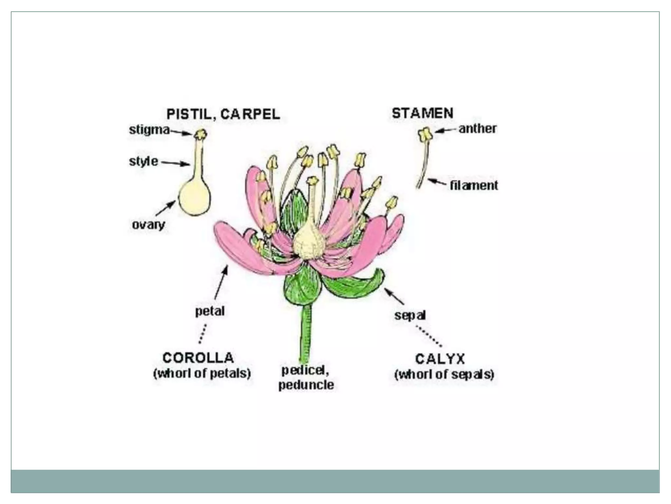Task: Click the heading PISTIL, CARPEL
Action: [x=223, y=114]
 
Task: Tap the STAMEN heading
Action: [x=423, y=113]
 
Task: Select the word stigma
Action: [x=149, y=130]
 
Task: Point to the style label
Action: [x=143, y=161]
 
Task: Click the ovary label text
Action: [x=148, y=225]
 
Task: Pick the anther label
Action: [x=477, y=129]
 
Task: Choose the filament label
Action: [x=474, y=185]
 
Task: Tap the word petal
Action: [x=210, y=311]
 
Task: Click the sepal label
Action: [x=410, y=315]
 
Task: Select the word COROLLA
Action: [x=198, y=358]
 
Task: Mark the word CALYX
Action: [x=440, y=359]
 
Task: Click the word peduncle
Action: [x=306, y=385]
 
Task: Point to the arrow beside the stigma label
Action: [x=181, y=132]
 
